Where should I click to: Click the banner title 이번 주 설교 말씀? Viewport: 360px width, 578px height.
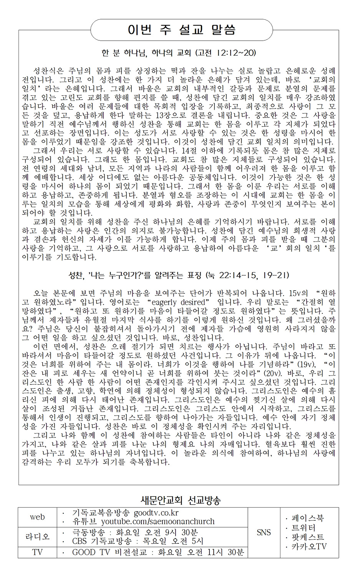181,29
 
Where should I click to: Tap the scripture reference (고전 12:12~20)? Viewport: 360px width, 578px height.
226,52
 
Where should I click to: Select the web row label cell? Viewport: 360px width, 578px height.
37,517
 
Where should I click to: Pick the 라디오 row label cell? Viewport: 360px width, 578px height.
37,537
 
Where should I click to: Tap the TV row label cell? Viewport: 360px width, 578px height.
37,552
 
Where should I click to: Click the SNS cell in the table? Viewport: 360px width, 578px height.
264,532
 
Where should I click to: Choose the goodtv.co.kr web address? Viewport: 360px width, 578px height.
156,513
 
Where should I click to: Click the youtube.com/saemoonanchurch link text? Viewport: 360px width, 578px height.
158,522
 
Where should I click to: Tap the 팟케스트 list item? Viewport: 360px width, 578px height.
307,537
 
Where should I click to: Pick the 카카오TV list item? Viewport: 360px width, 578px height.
309,546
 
